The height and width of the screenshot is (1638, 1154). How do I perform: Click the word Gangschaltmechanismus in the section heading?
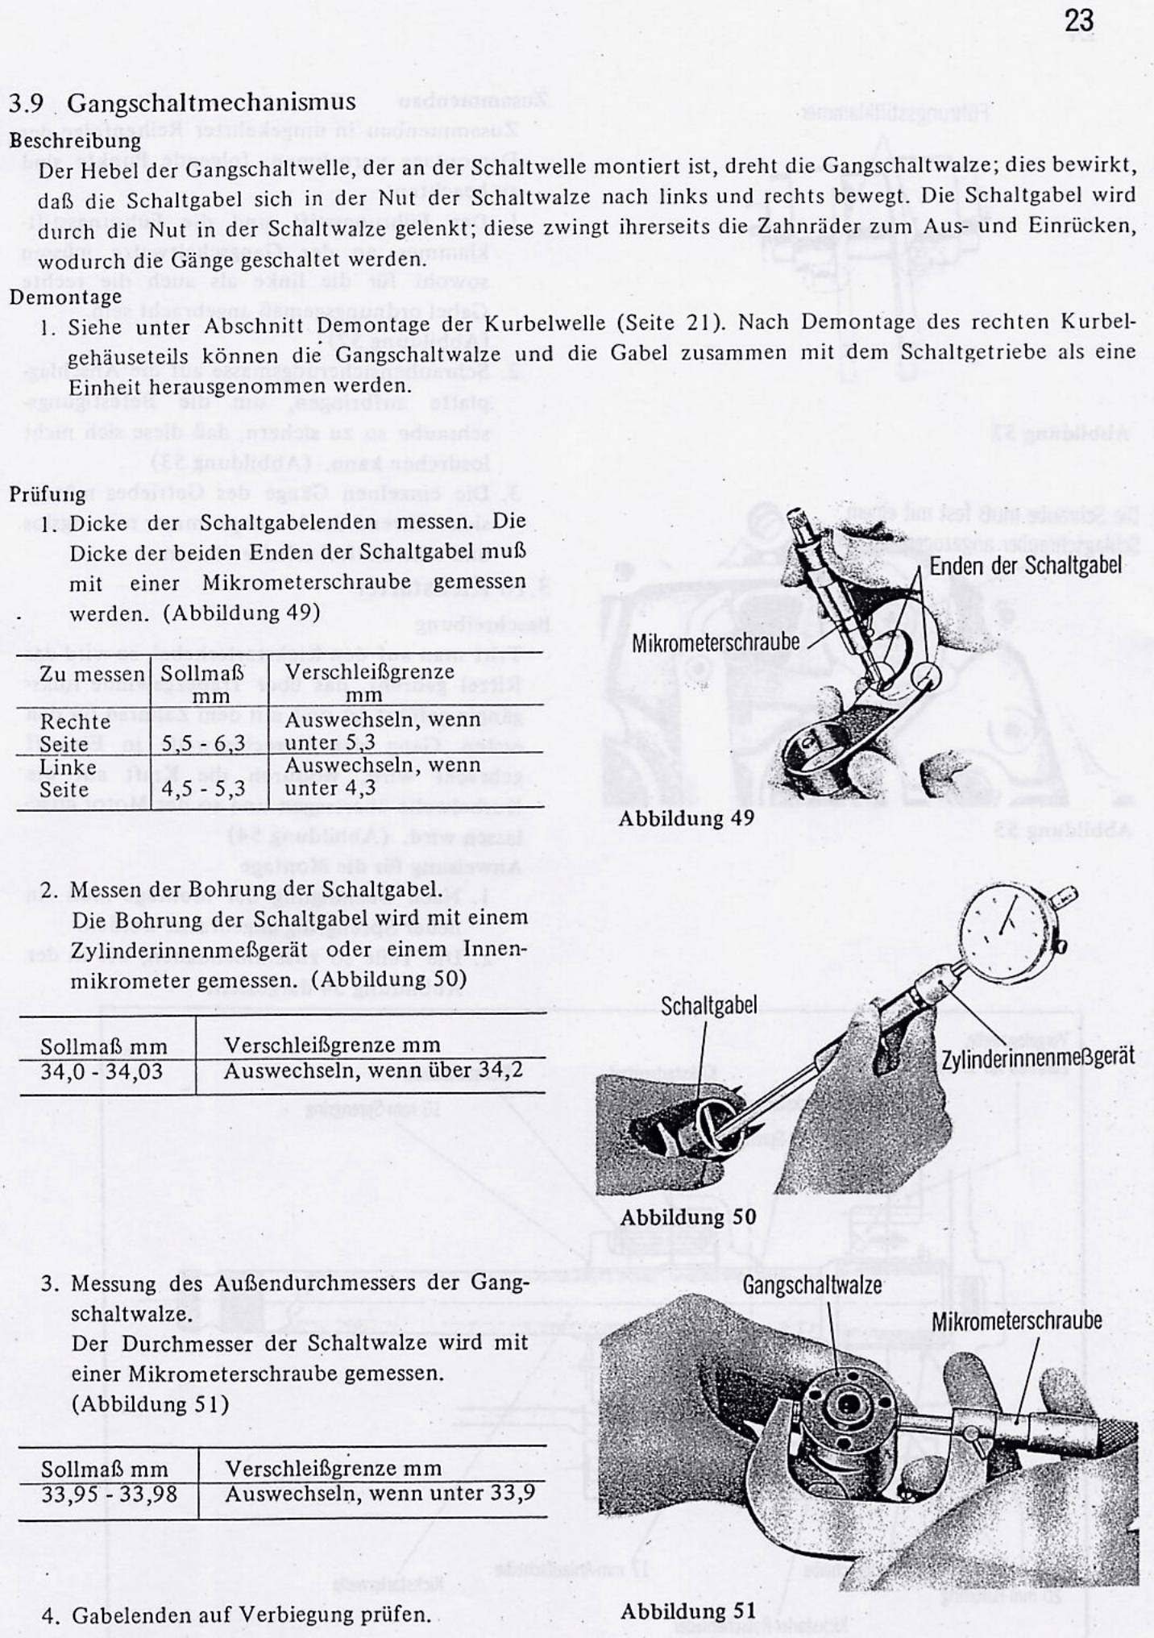(211, 102)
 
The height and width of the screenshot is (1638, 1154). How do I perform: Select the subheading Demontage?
(65, 296)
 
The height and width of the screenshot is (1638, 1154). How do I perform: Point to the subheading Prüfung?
(48, 493)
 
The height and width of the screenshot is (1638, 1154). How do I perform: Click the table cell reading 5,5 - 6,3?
(203, 742)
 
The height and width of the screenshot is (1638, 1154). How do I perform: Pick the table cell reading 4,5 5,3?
(203, 788)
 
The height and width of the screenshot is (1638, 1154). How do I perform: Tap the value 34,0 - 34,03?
(102, 1071)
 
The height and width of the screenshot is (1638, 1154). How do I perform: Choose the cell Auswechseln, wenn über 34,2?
(373, 1071)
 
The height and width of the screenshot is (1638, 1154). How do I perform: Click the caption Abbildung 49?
(686, 817)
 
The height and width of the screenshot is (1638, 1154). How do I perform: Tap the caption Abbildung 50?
(687, 1216)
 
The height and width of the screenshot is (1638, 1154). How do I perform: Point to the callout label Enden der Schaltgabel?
(1025, 565)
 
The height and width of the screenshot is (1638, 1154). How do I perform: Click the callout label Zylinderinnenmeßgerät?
(1037, 1057)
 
